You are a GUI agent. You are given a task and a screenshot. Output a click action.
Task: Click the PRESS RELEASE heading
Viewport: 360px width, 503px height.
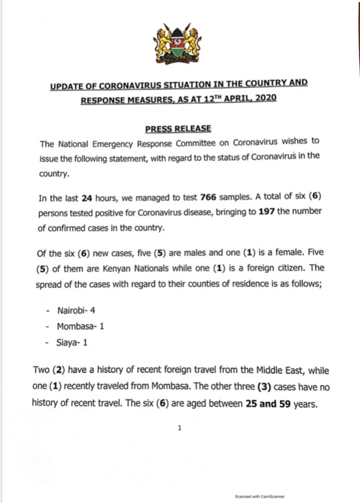[180, 128]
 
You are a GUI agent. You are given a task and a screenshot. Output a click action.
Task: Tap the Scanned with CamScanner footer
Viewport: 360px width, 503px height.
[260, 495]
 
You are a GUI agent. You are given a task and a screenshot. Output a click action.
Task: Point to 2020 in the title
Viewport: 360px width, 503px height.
[264, 98]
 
